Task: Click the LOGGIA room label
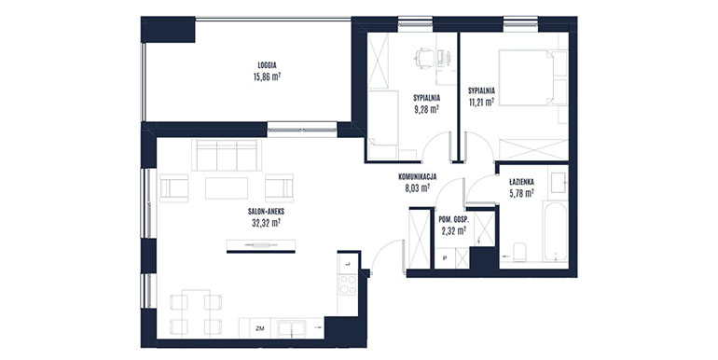click(x=267, y=65)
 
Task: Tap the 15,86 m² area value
click(x=267, y=76)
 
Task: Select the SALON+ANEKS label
click(x=267, y=212)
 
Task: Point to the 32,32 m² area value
click(x=267, y=223)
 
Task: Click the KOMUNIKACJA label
click(x=417, y=176)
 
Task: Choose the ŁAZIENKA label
click(x=521, y=182)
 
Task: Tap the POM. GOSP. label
click(x=453, y=219)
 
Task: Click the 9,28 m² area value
click(x=426, y=109)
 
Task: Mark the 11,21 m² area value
click(x=481, y=102)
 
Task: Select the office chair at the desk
click(x=424, y=59)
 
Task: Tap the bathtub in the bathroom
click(x=555, y=230)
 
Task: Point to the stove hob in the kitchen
click(x=348, y=284)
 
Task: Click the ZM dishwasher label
click(x=260, y=328)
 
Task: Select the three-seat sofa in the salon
click(x=227, y=155)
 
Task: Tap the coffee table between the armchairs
click(x=227, y=188)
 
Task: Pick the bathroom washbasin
click(x=558, y=183)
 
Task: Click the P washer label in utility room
click(x=444, y=258)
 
